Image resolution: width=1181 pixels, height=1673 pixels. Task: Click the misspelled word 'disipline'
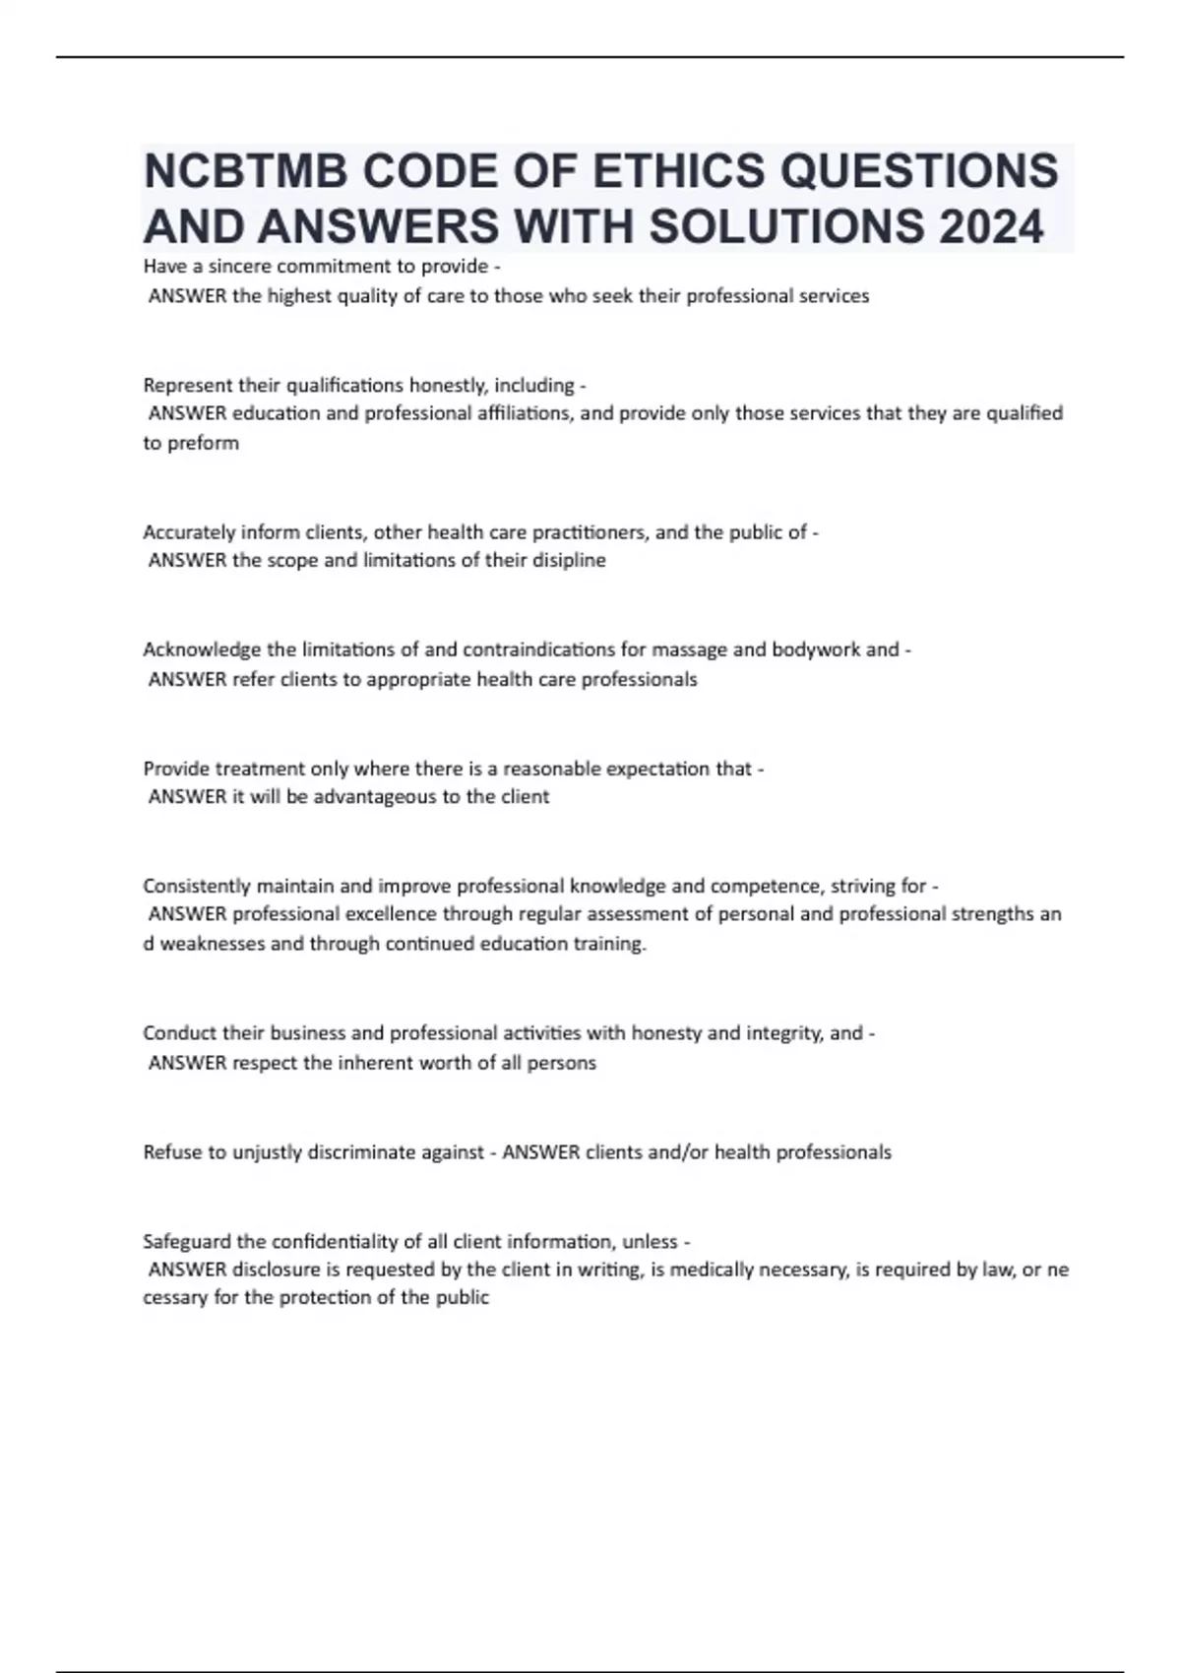coord(570,561)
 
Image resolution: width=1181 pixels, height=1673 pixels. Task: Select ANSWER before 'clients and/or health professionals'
coord(540,1152)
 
